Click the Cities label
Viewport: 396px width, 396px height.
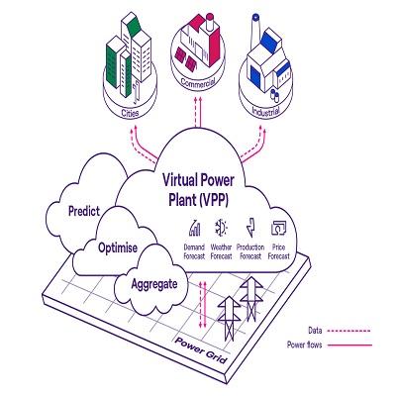click(130, 113)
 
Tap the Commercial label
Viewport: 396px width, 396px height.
click(198, 82)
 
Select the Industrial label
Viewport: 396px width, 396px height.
click(265, 111)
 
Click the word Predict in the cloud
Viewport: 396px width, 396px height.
click(84, 211)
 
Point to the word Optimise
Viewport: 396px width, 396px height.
click(118, 247)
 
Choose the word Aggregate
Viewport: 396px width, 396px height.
click(154, 284)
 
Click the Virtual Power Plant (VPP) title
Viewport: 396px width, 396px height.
click(198, 190)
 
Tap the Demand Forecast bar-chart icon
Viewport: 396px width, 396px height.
click(195, 228)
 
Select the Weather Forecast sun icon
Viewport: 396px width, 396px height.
click(221, 228)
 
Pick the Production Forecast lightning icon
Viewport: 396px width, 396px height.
click(250, 227)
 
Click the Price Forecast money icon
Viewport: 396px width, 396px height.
click(278, 228)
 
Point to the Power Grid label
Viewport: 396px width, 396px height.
click(201, 349)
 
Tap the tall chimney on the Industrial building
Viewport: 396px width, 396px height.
click(255, 32)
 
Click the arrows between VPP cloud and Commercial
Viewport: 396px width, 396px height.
click(198, 112)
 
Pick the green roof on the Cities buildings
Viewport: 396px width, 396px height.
click(135, 27)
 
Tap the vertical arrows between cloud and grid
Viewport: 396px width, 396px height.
click(203, 305)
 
